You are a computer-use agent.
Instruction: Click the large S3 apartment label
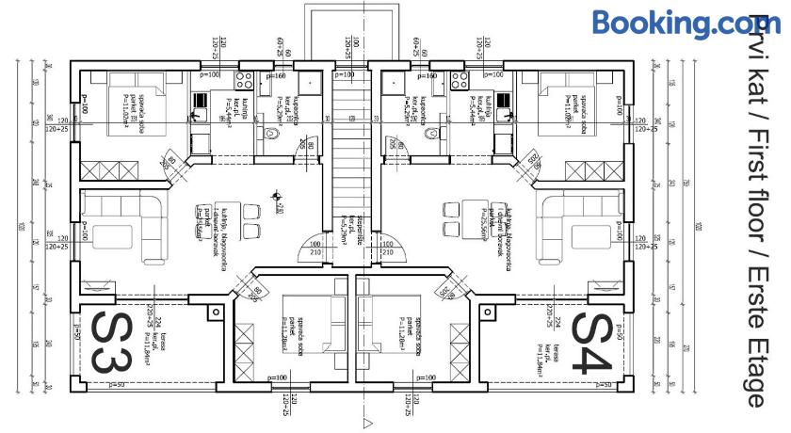pyautogui.click(x=109, y=345)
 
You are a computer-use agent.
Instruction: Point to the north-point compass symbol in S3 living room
pyautogui.click(x=275, y=197)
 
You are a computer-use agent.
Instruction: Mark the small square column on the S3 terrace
pyautogui.click(x=216, y=309)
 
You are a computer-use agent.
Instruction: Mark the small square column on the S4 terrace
pyautogui.click(x=488, y=309)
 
